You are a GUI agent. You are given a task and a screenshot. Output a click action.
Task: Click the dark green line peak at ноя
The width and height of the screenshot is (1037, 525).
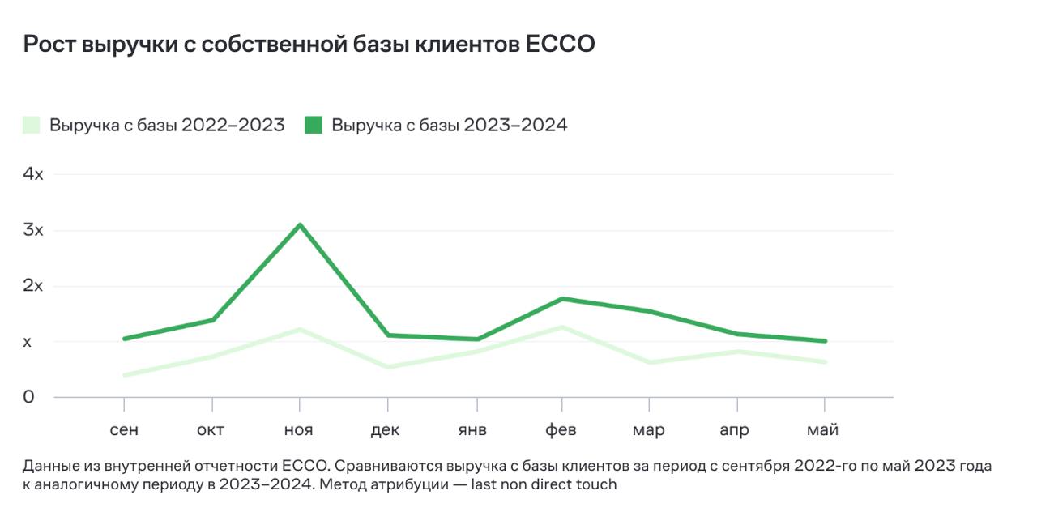[x=300, y=224]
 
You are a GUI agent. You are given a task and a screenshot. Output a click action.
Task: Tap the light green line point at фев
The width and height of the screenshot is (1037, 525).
[x=563, y=327]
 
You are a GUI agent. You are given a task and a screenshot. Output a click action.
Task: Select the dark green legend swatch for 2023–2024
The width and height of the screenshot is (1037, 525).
[x=314, y=126]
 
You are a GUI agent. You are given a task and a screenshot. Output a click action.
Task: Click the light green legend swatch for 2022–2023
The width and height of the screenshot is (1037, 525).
[x=32, y=126]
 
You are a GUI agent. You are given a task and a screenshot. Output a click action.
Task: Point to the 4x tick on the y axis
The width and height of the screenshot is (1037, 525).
[x=33, y=174]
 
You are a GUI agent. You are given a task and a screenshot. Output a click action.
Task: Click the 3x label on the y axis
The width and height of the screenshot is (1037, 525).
[x=33, y=230]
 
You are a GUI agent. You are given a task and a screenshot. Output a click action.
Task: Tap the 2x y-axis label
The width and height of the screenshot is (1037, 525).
[x=33, y=286]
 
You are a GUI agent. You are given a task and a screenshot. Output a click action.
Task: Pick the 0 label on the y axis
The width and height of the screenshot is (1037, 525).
[x=29, y=397]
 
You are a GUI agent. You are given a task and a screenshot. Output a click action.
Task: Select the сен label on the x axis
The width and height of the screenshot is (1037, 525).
[x=123, y=430]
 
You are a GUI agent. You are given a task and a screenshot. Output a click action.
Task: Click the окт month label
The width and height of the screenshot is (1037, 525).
[x=211, y=430]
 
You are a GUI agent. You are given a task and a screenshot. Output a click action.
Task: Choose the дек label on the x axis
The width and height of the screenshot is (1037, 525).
[x=385, y=430]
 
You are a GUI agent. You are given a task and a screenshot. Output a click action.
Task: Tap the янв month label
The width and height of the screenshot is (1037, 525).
[x=472, y=430]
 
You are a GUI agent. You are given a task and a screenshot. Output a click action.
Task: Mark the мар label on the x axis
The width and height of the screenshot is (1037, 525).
[x=648, y=430]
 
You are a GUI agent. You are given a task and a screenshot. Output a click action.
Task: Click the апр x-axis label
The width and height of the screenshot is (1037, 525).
[x=734, y=430]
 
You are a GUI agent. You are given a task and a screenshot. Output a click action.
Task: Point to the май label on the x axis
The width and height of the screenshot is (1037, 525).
[x=822, y=430]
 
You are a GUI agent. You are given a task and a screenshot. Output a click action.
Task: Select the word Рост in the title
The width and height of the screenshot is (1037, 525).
[x=49, y=45]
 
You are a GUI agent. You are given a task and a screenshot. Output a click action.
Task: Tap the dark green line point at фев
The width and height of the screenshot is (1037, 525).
[x=563, y=299]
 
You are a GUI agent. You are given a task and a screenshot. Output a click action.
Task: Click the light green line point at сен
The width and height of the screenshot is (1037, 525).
[x=124, y=375]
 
